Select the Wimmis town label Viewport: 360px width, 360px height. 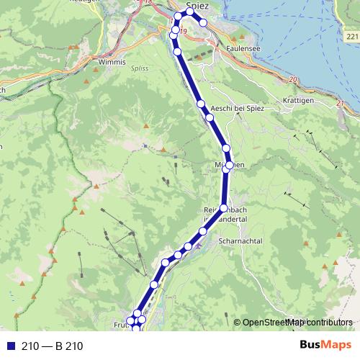pyautogui.click(x=108, y=62)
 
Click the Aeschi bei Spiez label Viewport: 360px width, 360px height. pyautogui.click(x=238, y=108)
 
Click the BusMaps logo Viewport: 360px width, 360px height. pyautogui.click(x=326, y=346)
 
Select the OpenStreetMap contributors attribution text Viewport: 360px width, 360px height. pyautogui.click(x=297, y=323)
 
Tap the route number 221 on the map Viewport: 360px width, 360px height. pyautogui.click(x=351, y=35)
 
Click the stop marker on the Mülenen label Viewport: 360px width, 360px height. pyautogui.click(x=228, y=166)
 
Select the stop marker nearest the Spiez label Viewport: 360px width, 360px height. pyautogui.click(x=190, y=11)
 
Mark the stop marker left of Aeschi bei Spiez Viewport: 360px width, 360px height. pyautogui.click(x=210, y=117)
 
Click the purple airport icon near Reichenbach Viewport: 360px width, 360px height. pyautogui.click(x=199, y=253)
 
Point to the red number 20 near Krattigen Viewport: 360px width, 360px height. pyautogui.click(x=292, y=79)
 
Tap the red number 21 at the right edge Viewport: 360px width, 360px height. pyautogui.click(x=340, y=105)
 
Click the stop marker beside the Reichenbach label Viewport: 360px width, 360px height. pyautogui.click(x=223, y=209)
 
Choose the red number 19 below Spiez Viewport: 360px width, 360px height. pyautogui.click(x=183, y=31)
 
